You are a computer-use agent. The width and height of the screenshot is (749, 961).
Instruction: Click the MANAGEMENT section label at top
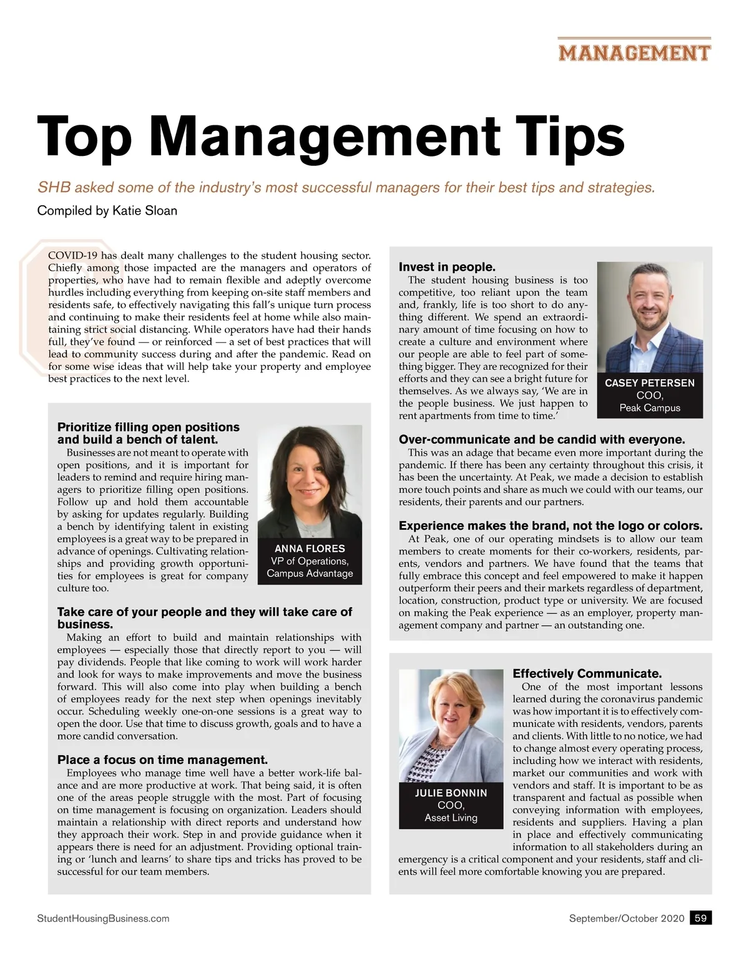click(634, 52)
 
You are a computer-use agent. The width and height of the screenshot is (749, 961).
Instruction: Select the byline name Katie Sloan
click(145, 211)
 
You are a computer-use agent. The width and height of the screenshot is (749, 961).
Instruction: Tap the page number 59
click(700, 918)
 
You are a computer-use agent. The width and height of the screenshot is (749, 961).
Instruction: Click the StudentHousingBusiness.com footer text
click(103, 919)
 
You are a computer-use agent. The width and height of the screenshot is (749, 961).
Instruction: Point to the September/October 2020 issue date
click(626, 919)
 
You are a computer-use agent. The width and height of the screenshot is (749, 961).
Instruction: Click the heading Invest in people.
click(447, 268)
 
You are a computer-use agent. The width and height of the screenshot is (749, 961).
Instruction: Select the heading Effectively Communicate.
click(587, 674)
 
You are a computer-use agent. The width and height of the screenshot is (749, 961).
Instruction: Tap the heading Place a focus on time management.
click(162, 760)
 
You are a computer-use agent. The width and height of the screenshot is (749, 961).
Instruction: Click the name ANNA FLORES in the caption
click(310, 549)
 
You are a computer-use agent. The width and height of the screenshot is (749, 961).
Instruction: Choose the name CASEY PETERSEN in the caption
click(649, 383)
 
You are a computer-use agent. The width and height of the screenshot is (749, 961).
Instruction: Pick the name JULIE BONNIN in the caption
click(451, 793)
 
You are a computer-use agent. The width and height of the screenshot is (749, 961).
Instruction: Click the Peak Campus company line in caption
click(649, 408)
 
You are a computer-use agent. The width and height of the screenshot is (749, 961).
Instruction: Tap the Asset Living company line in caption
click(451, 818)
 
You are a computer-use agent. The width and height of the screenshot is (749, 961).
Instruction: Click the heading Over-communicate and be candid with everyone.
click(541, 440)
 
